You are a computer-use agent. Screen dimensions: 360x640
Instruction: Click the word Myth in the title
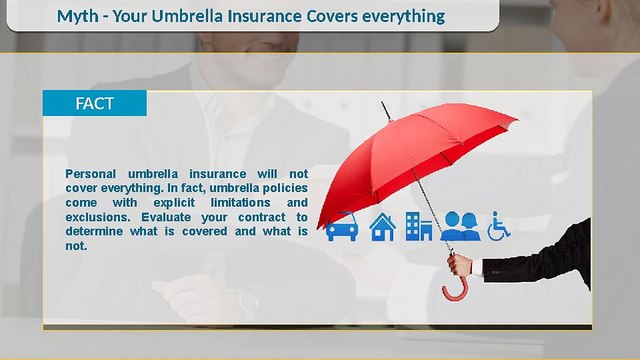click(x=79, y=17)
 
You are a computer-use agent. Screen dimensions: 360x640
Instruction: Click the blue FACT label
click(x=94, y=103)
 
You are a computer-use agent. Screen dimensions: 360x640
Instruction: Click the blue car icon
click(x=342, y=228)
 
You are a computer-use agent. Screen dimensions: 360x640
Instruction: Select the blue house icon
click(x=382, y=228)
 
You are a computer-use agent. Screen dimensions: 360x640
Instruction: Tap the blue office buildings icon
click(x=419, y=227)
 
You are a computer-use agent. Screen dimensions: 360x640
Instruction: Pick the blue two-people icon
click(x=461, y=227)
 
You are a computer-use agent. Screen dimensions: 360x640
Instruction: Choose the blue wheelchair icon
click(x=498, y=227)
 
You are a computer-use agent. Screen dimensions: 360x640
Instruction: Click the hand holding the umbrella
click(x=460, y=264)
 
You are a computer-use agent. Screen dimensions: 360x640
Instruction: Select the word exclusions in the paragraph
click(x=98, y=216)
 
